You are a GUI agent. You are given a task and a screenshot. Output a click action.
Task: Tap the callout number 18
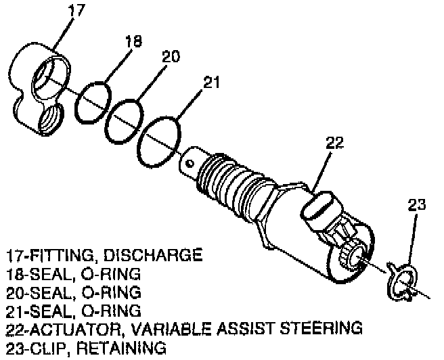pos(133,42)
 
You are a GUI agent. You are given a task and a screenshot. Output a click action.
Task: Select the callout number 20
pos(170,57)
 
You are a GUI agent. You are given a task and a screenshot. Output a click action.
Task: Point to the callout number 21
pos(211,84)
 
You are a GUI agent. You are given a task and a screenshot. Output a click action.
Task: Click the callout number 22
pos(334,143)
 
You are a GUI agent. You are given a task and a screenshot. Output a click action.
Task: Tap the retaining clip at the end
pos(403,280)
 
